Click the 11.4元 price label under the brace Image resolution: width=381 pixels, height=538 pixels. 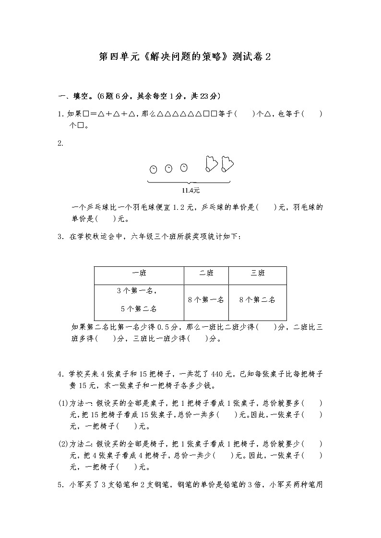[190, 190]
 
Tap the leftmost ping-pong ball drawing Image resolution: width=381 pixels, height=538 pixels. [153, 169]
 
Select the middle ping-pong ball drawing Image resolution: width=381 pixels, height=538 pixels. [168, 168]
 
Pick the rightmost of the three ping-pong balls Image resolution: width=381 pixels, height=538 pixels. [183, 167]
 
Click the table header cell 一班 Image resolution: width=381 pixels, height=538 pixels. [139, 273]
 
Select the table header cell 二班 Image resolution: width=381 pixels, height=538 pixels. [206, 273]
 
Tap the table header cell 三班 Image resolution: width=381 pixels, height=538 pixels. [258, 273]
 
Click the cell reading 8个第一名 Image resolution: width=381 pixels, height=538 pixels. [206, 300]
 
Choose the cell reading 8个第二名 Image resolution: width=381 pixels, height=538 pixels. [257, 300]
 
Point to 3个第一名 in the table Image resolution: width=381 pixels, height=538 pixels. [137, 291]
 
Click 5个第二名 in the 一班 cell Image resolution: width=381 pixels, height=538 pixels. [139, 309]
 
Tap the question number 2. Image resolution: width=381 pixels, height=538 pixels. [60, 143]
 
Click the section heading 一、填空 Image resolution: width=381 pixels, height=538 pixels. [72, 96]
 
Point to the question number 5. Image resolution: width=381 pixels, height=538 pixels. [60, 485]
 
